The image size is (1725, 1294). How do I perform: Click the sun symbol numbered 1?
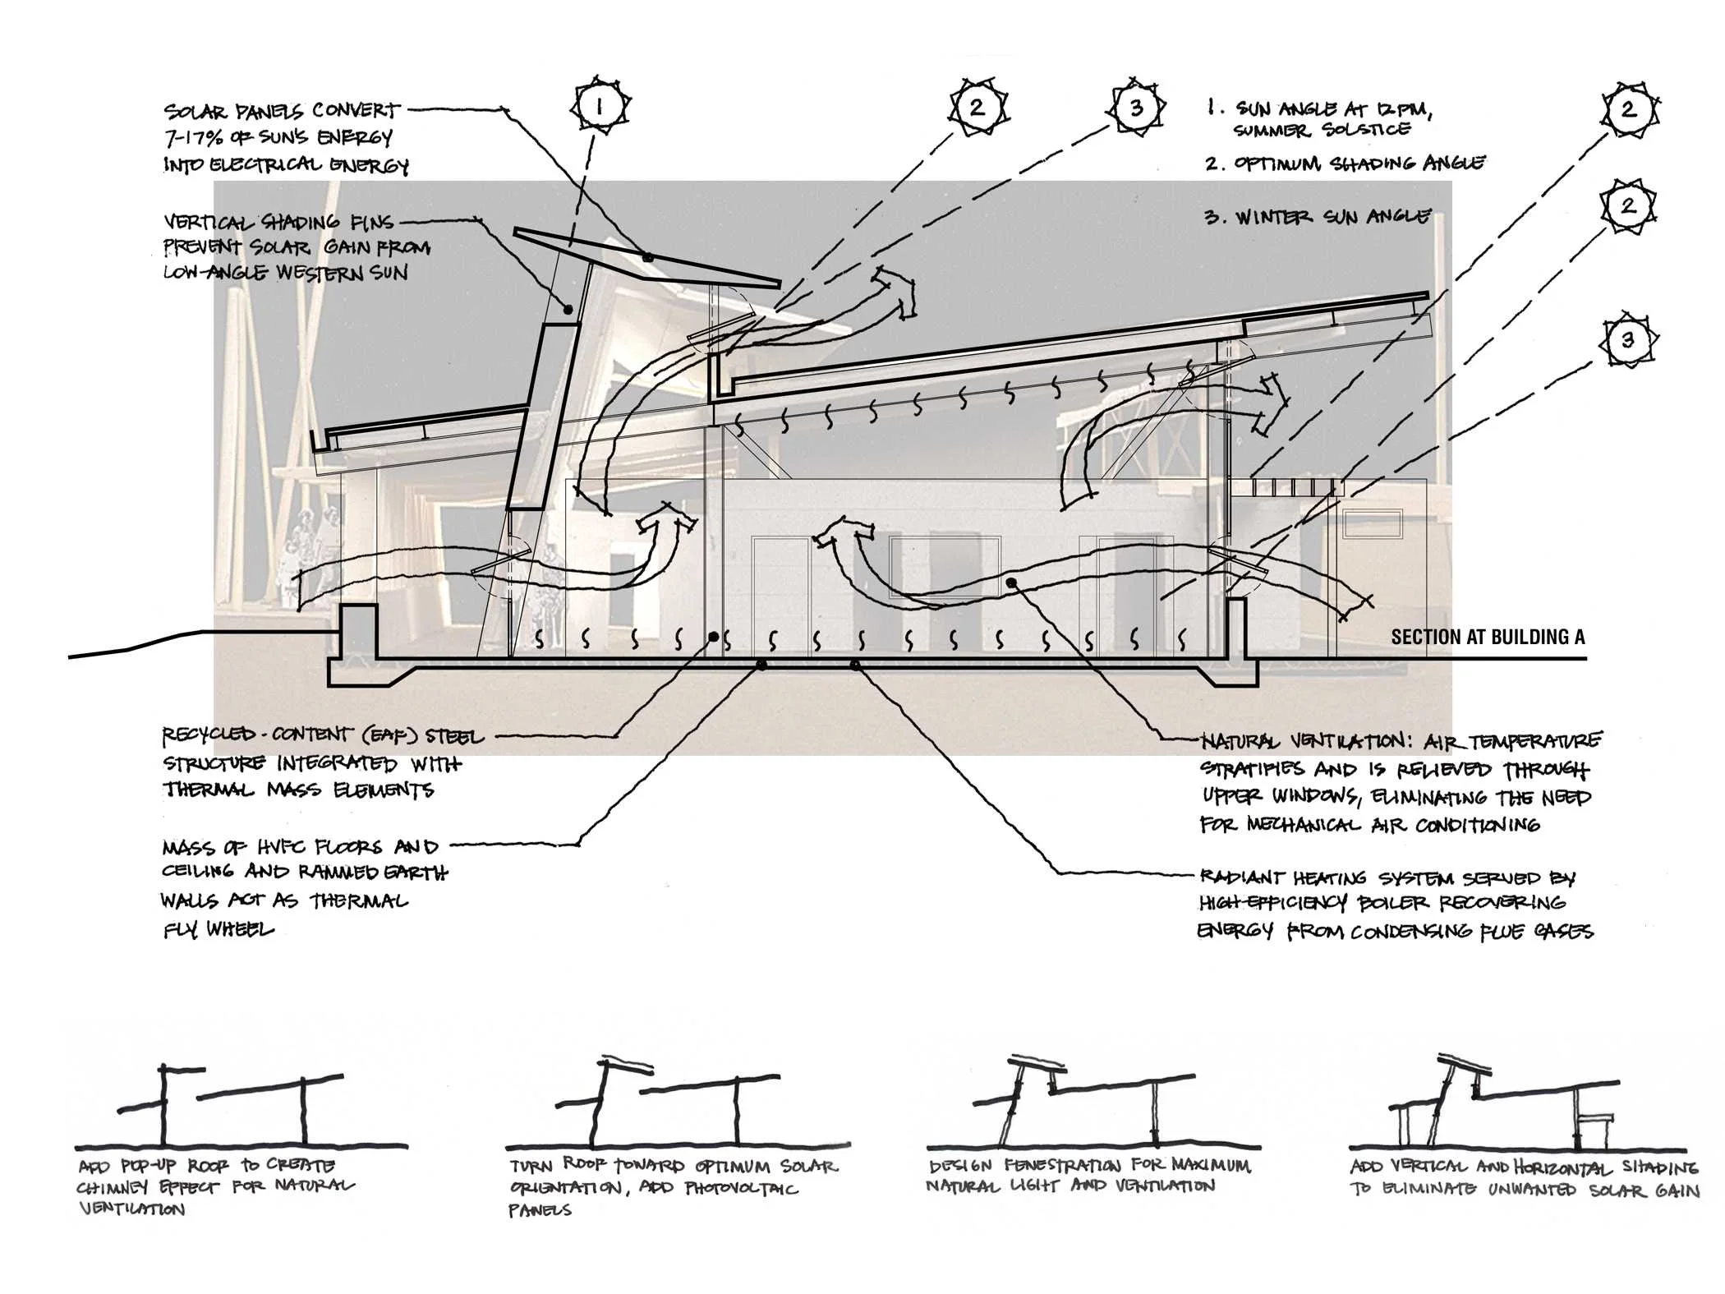[600, 106]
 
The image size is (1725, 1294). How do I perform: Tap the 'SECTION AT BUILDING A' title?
[1488, 637]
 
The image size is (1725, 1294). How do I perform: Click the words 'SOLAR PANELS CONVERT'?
[282, 111]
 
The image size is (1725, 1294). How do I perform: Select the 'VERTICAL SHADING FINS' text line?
[278, 222]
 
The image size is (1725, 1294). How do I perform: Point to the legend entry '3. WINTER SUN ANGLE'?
[1318, 217]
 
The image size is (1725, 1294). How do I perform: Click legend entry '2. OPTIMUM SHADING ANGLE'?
[1345, 163]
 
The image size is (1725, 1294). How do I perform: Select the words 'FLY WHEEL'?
[218, 930]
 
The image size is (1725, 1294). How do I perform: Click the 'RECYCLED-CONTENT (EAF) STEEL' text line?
[323, 736]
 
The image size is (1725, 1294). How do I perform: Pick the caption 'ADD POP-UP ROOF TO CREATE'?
[207, 1166]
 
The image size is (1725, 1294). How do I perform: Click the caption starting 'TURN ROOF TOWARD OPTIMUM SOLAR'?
[674, 1166]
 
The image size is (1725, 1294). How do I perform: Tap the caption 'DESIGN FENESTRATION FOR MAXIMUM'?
[1090, 1165]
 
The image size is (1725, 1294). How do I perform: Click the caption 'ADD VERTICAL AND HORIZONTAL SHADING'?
[1524, 1167]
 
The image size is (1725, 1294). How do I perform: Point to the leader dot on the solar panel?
[648, 257]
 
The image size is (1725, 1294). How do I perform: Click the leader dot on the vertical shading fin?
[568, 310]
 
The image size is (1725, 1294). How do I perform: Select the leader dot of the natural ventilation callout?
[1012, 583]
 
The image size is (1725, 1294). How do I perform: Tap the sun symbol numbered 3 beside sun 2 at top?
[1136, 107]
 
